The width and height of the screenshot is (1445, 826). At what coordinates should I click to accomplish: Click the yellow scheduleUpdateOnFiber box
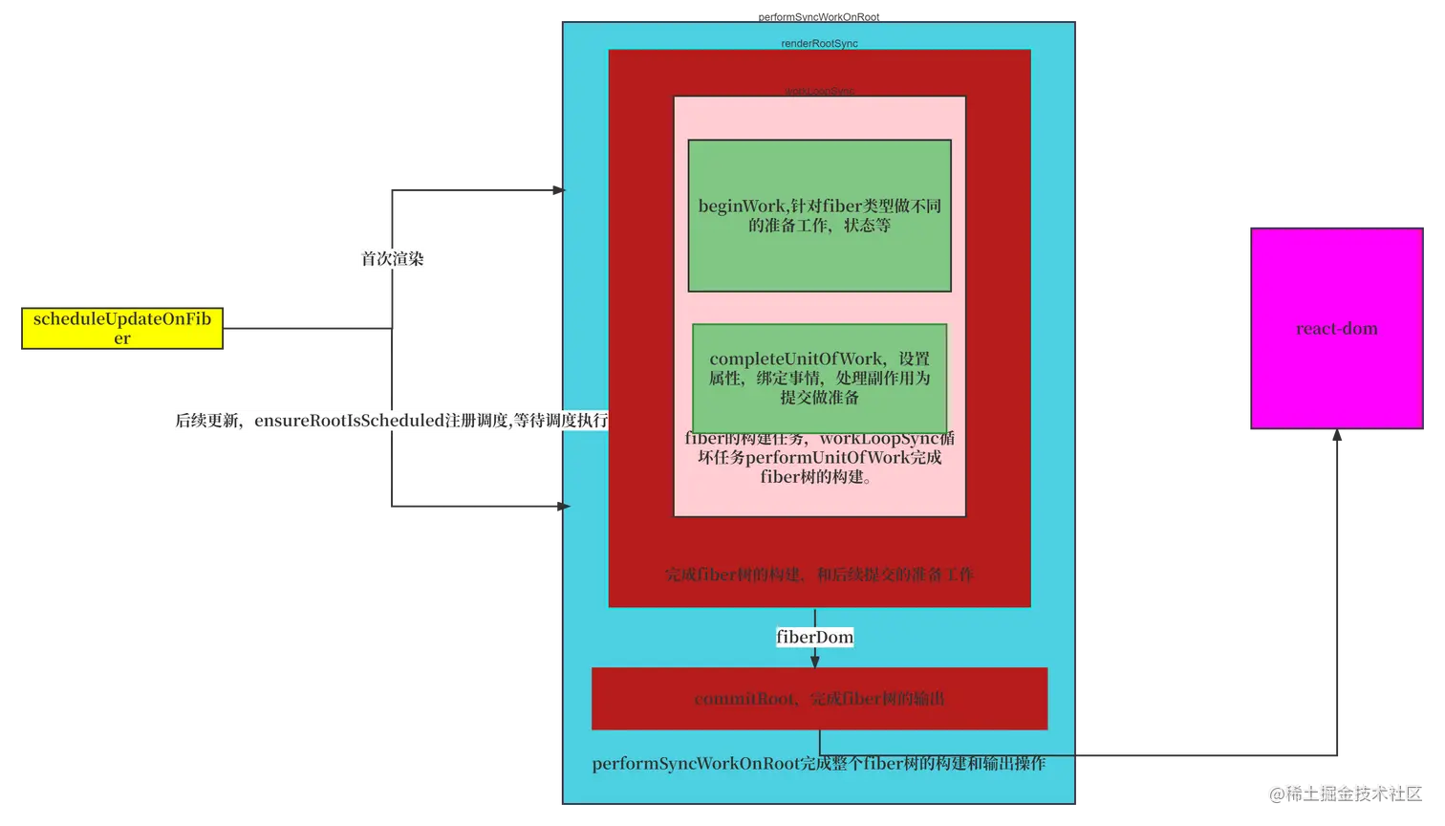[x=122, y=327]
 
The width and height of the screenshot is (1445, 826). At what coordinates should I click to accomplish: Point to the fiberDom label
[x=814, y=637]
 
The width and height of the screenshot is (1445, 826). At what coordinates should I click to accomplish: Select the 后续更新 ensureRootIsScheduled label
[x=391, y=421]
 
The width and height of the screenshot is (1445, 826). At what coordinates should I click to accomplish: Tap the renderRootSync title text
[x=819, y=44]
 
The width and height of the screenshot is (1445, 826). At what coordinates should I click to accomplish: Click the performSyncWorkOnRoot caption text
[x=818, y=764]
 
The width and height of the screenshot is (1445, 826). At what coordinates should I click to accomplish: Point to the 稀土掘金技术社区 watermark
[x=1346, y=792]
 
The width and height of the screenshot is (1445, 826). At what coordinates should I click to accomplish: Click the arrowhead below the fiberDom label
[x=814, y=660]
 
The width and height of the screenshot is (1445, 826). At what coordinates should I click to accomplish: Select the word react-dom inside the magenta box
[x=1336, y=329]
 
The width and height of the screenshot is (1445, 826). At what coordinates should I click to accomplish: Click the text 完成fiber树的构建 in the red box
[x=819, y=575]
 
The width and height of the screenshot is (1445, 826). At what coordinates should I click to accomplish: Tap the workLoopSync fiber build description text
[x=819, y=458]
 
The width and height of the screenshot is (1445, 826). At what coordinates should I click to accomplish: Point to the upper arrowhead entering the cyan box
[x=560, y=190]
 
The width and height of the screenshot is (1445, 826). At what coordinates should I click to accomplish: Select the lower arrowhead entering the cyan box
[x=561, y=506]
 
